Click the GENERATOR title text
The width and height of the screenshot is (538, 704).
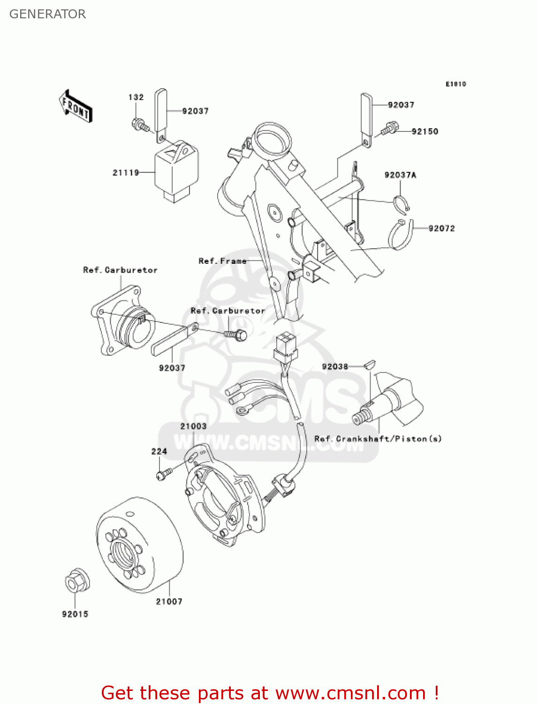tap(47, 14)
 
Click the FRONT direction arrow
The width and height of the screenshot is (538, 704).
tap(76, 107)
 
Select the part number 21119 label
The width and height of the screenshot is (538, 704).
tap(126, 173)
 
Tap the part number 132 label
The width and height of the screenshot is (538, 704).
tap(136, 97)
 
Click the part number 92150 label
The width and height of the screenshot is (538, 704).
tap(424, 131)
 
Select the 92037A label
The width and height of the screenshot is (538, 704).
tap(400, 175)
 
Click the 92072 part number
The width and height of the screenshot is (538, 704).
tap(441, 229)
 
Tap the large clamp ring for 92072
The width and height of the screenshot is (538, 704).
tap(401, 235)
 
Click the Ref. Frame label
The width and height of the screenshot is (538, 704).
tap(222, 261)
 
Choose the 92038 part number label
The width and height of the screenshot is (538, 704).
tap(335, 367)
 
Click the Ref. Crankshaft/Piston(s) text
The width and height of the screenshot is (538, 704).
tap(378, 439)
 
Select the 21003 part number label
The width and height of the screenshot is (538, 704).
tap(193, 426)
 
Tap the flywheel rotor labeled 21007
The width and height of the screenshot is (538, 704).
tap(139, 544)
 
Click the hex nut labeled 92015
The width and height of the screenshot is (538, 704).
tap(76, 582)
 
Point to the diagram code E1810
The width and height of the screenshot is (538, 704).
tap(455, 84)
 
